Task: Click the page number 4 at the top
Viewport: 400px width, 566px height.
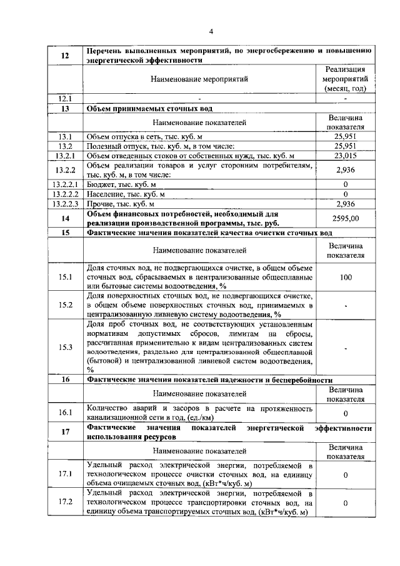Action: (x=211, y=32)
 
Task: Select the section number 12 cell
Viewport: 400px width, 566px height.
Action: (x=65, y=56)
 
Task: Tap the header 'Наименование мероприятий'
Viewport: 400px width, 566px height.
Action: (x=199, y=79)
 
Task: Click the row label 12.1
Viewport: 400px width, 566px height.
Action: (x=65, y=98)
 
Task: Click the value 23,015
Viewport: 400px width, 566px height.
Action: (x=345, y=155)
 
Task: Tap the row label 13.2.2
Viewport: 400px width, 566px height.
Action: (x=65, y=169)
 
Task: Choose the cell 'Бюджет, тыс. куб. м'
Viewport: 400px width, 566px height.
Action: (x=121, y=184)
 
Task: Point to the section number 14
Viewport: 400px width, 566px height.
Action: (x=65, y=218)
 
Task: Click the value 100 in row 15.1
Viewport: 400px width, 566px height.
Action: (x=345, y=276)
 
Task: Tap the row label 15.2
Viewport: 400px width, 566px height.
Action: (x=65, y=305)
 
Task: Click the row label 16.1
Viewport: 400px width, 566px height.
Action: (x=65, y=413)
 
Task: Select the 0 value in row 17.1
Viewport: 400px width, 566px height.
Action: (x=345, y=474)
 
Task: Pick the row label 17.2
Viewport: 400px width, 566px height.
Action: (x=65, y=502)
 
